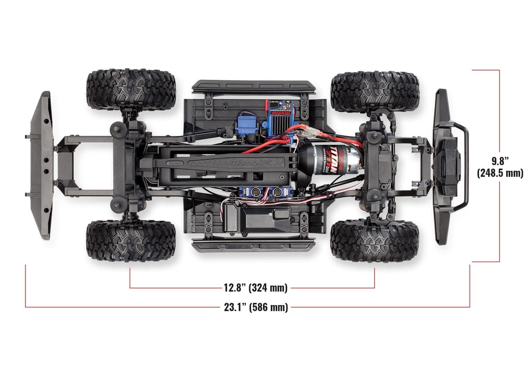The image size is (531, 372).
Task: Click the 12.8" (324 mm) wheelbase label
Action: pos(255,288)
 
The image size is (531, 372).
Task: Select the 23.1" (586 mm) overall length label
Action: pos(256,307)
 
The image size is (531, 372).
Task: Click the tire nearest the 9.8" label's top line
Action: pos(374,91)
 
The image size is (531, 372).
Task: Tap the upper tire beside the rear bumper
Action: pos(131,89)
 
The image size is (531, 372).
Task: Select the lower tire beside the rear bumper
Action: pos(131,241)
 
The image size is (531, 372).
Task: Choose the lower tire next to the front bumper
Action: pos(374,240)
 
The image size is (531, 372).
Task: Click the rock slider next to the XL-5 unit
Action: pos(254,86)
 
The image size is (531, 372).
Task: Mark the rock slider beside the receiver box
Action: pos(254,245)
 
